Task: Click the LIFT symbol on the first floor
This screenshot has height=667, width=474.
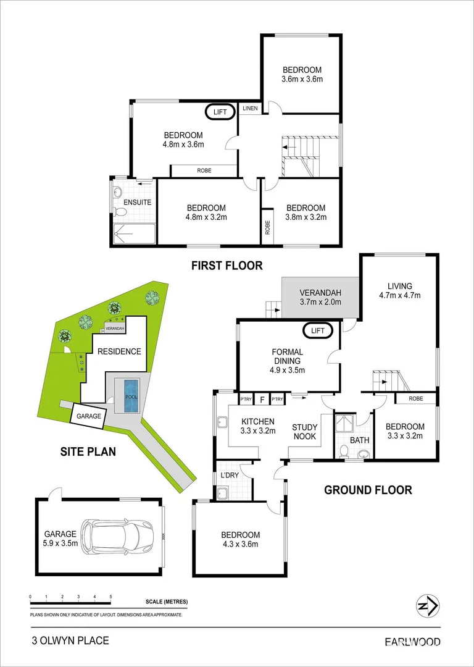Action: (x=220, y=112)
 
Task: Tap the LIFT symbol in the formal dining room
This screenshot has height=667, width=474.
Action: (x=317, y=331)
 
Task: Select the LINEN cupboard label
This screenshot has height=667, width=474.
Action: (x=249, y=109)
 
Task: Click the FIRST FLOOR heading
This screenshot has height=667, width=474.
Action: (x=227, y=266)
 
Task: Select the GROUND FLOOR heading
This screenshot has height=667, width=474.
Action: (x=368, y=490)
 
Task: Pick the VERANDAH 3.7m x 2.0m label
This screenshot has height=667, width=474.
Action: (x=320, y=298)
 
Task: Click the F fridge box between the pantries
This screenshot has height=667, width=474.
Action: (x=262, y=400)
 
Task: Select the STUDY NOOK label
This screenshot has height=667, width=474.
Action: (x=304, y=432)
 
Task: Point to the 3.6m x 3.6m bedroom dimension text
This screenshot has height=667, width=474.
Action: (x=302, y=79)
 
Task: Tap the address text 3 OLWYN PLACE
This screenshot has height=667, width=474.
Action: (x=70, y=641)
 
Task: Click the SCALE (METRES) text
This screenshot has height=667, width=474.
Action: (x=167, y=602)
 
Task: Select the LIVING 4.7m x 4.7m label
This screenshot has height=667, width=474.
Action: (x=399, y=290)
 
